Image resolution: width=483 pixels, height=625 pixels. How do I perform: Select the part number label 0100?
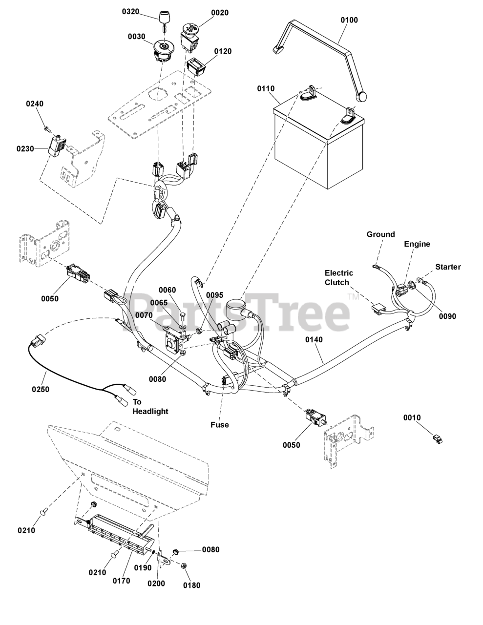[349, 20]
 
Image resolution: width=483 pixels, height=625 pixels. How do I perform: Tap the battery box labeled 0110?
[317, 146]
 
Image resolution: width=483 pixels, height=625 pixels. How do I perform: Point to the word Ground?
[380, 234]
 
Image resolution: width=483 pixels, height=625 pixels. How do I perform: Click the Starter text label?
[448, 267]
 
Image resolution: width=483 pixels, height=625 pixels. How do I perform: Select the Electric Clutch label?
[339, 277]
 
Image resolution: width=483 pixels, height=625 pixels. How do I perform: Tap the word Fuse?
[220, 425]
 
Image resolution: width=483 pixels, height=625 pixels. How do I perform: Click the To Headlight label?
[150, 407]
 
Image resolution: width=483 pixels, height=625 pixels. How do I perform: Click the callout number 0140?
[314, 339]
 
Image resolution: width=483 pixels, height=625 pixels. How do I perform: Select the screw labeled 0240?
[46, 128]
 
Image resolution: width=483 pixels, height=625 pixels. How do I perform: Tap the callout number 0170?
[121, 581]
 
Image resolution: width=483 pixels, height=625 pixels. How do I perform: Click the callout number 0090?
[447, 316]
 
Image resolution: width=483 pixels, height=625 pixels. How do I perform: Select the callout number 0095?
[214, 294]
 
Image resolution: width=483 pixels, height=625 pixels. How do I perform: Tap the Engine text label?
[417, 244]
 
